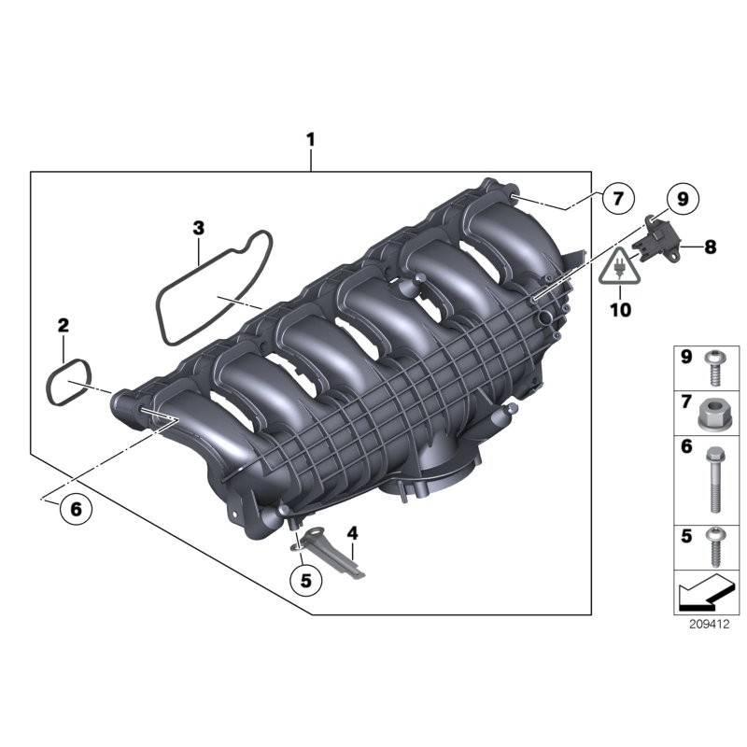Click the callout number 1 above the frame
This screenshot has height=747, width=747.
[311, 140]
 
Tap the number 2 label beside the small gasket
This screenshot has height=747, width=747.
[63, 325]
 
